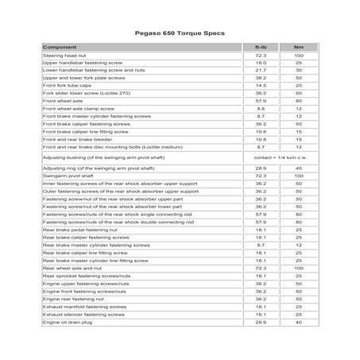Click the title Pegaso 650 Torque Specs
(180, 35)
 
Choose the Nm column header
(298, 48)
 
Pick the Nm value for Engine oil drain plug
(298, 322)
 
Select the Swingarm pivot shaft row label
(72, 176)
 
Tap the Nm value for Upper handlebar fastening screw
(298, 64)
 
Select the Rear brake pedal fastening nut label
(83, 230)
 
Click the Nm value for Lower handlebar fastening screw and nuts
(298, 71)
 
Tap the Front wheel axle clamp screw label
(84, 109)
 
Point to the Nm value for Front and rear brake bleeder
(298, 138)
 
